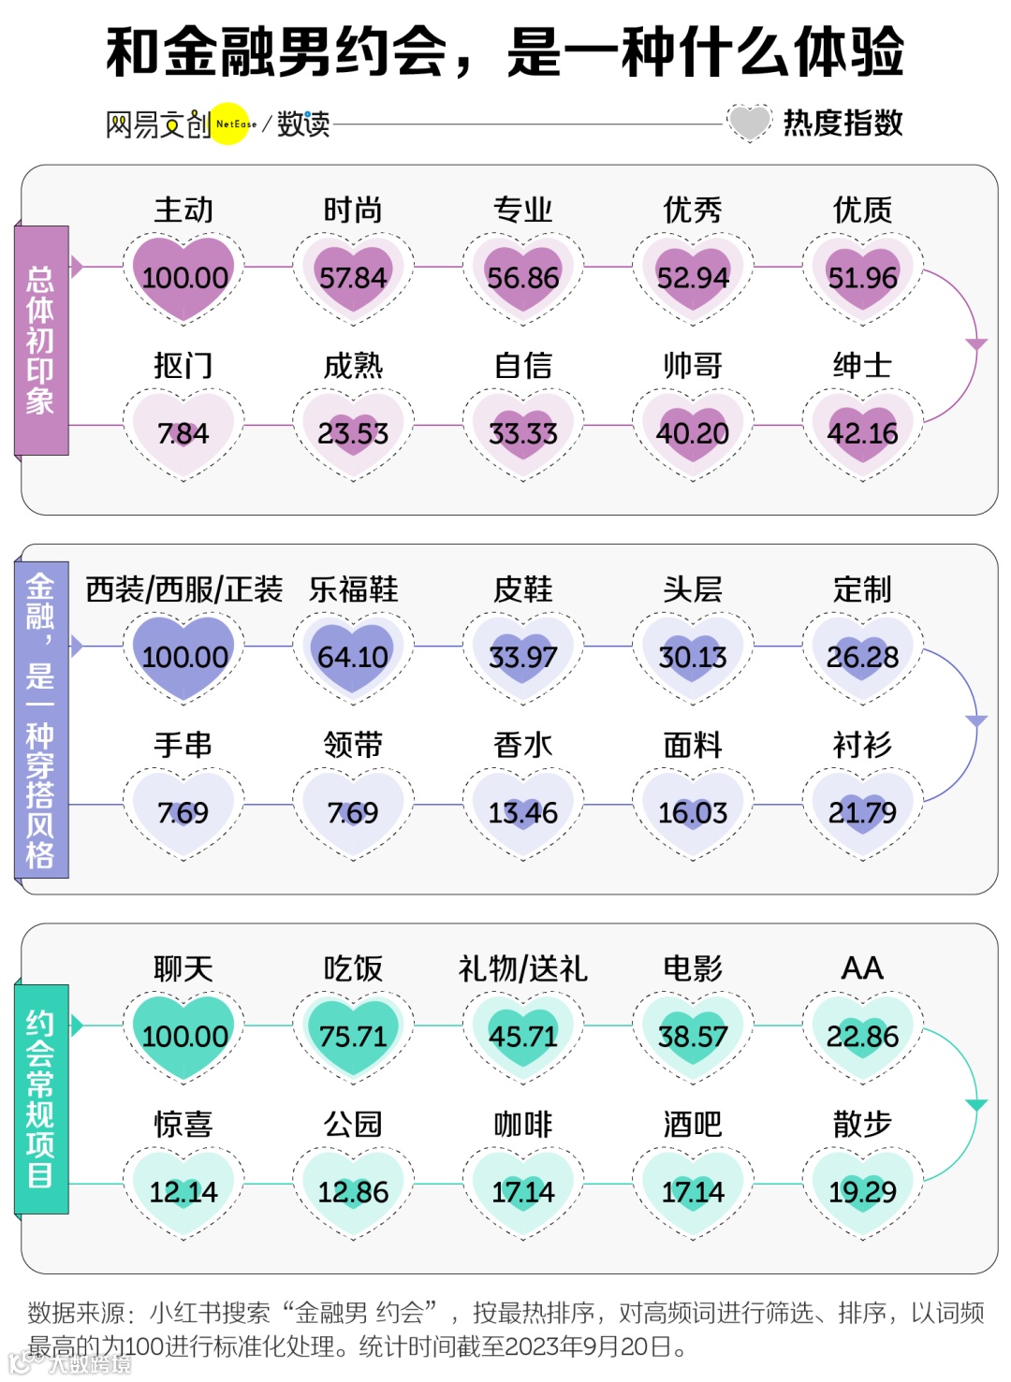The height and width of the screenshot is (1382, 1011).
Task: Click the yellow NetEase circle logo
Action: [230, 124]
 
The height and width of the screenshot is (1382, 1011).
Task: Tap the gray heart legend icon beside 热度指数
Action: [749, 123]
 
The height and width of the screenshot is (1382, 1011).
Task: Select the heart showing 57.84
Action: [353, 277]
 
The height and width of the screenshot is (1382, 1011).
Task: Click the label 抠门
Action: [183, 365]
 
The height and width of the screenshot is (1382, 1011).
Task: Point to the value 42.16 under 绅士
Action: [862, 432]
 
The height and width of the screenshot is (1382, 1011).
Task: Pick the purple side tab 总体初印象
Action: [41, 341]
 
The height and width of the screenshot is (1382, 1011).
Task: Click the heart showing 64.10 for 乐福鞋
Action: [353, 656]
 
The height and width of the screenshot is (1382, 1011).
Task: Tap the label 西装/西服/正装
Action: [183, 589]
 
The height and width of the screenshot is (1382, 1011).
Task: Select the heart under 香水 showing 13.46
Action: [523, 811]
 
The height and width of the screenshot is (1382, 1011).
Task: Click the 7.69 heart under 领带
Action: [353, 811]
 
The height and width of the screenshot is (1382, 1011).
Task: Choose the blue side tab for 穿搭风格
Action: [41, 720]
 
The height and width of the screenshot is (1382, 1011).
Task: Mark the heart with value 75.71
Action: [353, 1036]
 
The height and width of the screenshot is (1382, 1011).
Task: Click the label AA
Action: [862, 968]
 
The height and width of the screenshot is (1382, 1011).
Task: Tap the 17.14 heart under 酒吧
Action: [693, 1191]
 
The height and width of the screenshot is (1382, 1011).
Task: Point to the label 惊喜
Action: [183, 1124]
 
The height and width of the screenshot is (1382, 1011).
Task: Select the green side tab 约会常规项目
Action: [41, 1099]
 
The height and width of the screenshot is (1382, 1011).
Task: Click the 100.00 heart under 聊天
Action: [183, 1036]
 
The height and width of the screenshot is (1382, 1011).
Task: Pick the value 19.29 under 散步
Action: [862, 1191]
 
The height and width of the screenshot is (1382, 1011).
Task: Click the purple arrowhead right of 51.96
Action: [976, 344]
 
